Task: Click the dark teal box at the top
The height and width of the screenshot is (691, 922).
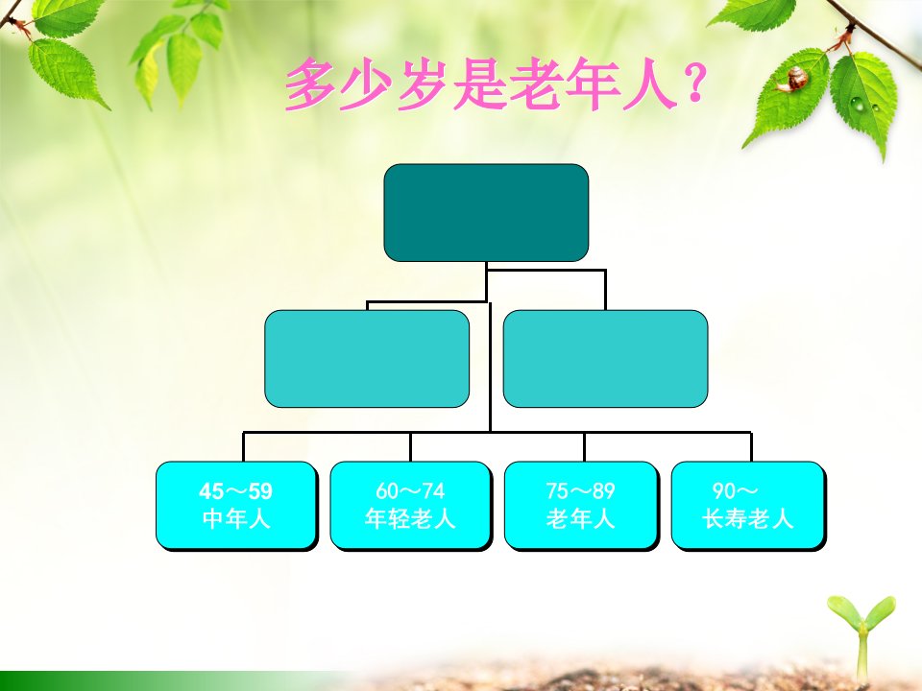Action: click(x=486, y=213)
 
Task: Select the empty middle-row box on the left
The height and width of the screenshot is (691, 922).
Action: click(x=367, y=358)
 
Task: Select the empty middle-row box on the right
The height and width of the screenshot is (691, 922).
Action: click(x=605, y=358)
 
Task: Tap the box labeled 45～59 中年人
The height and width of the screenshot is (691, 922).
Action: click(x=236, y=506)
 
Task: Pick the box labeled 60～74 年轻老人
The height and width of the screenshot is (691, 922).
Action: click(x=410, y=506)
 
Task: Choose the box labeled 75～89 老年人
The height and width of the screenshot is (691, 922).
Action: click(x=581, y=506)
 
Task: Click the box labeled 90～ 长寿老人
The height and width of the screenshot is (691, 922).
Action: click(x=748, y=506)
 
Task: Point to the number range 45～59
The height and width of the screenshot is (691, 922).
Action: click(x=236, y=490)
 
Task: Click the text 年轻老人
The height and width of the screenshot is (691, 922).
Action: click(x=410, y=519)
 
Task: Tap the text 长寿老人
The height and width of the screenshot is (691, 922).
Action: click(x=748, y=519)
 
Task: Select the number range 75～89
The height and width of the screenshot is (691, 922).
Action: click(x=580, y=490)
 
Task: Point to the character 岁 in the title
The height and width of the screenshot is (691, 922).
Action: click(x=423, y=84)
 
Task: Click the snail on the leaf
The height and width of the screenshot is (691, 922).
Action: click(x=792, y=80)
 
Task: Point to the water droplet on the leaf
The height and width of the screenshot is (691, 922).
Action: click(x=859, y=104)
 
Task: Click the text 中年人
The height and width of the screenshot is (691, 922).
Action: click(x=236, y=519)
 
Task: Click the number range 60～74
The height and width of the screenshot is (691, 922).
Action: click(x=410, y=490)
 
